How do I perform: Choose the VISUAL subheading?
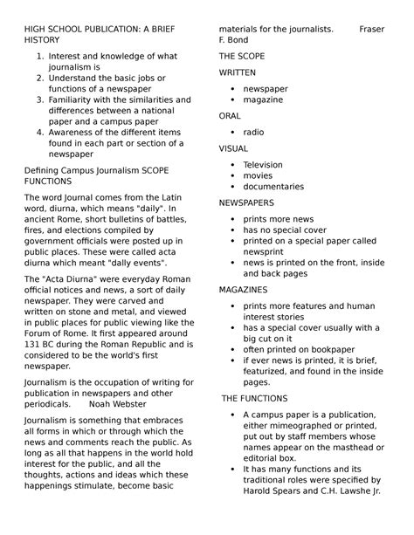pos(233,148)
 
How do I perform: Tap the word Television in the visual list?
pos(263,165)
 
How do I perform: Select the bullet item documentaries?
pos(273,187)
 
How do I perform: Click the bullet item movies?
pos(258,175)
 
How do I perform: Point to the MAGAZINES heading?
pos(244,289)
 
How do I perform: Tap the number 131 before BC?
pos(32,344)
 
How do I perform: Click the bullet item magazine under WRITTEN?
pos(263,99)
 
